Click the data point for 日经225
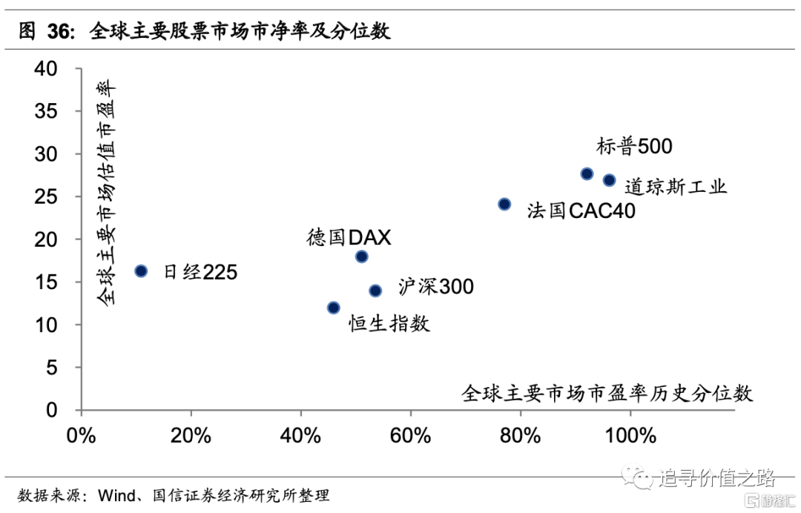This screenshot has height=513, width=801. [141, 271]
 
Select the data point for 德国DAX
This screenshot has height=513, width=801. [362, 256]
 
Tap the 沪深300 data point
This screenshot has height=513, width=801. [375, 291]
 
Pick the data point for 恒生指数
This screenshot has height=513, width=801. [334, 308]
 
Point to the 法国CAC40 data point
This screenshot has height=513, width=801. [504, 204]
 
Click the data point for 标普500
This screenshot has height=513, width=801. [587, 173]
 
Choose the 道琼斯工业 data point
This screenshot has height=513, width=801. [609, 180]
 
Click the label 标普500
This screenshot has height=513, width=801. [634, 146]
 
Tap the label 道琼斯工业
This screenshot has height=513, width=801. [675, 185]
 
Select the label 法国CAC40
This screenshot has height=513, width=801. [581, 211]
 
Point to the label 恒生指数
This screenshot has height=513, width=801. [389, 323]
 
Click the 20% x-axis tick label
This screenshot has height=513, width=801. [191, 435]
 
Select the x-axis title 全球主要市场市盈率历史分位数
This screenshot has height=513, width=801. [607, 392]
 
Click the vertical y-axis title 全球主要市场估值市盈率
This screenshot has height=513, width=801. [106, 193]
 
